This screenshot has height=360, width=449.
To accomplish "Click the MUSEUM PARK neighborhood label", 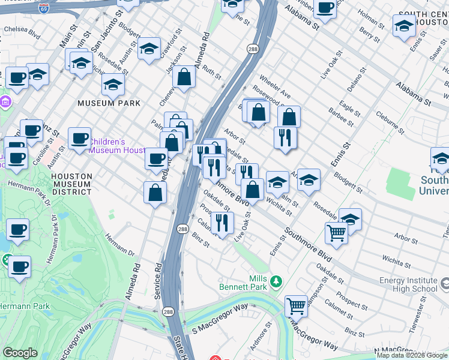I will [x=109, y=103].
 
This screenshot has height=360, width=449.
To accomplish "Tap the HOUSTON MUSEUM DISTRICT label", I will [x=71, y=184].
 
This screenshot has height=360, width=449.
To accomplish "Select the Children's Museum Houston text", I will [x=116, y=146].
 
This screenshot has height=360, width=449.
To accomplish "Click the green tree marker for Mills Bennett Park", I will [x=276, y=281].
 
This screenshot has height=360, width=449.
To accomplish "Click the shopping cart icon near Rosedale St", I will [x=337, y=233].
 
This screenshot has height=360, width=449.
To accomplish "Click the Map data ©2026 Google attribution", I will [x=412, y=355].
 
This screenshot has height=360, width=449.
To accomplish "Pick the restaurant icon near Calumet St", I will [x=222, y=223].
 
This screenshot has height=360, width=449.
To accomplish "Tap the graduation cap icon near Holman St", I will [x=404, y=26].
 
